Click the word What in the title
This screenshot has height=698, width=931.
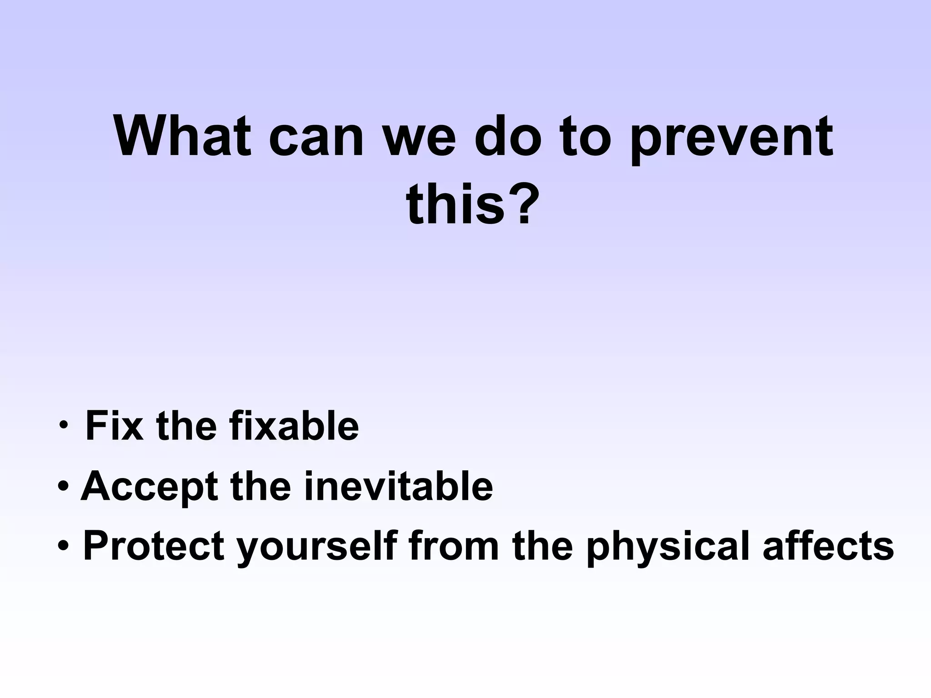182,136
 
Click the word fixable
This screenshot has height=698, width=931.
294,426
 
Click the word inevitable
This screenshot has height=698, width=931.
398,486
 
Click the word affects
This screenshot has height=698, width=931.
828,546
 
